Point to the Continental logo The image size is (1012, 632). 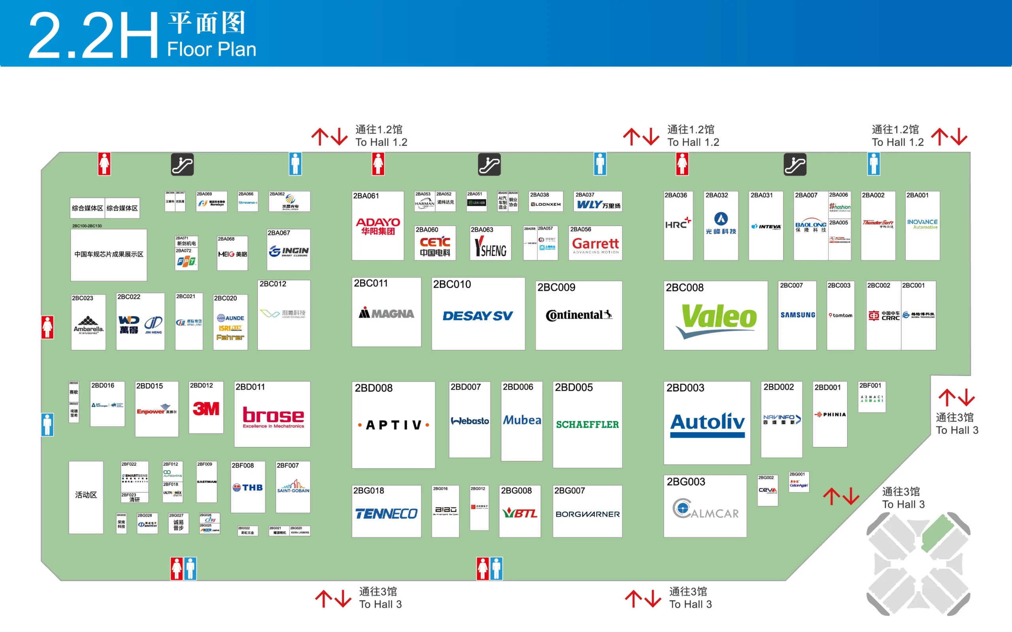pyautogui.click(x=579, y=315)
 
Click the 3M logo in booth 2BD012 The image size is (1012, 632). pyautogui.click(x=206, y=408)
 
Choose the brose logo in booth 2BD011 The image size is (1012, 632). pyautogui.click(x=274, y=416)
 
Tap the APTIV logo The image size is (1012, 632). pyautogui.click(x=393, y=425)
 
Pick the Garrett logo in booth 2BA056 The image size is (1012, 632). pyautogui.click(x=595, y=245)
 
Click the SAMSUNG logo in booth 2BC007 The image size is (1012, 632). pyautogui.click(x=797, y=315)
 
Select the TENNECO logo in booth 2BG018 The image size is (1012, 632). pyautogui.click(x=386, y=514)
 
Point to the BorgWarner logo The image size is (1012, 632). pyautogui.click(x=587, y=514)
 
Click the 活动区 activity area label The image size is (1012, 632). pyautogui.click(x=86, y=495)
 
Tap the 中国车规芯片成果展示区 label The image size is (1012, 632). pyautogui.click(x=109, y=254)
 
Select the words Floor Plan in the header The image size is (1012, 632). pyautogui.click(x=211, y=49)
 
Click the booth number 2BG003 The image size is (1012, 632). pyautogui.click(x=686, y=482)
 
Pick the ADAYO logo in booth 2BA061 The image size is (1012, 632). pyautogui.click(x=378, y=226)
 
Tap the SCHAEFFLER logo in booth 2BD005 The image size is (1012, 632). pyautogui.click(x=587, y=425)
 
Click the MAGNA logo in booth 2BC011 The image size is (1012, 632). pyautogui.click(x=386, y=314)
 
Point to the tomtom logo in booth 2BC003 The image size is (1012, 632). pyautogui.click(x=840, y=315)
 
